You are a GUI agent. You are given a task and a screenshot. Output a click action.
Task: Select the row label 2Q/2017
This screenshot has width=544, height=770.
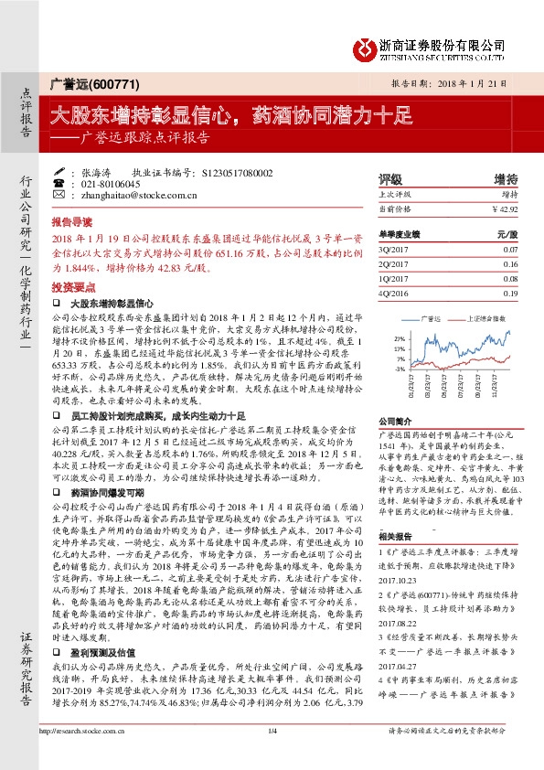pos(392,263)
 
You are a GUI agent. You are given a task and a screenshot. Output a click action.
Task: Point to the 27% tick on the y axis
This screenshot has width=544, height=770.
pos(399,338)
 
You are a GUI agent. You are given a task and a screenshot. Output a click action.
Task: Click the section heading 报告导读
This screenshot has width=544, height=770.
pos(71,222)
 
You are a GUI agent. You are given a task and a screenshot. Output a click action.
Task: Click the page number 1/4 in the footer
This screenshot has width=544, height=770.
pos(272,755)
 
